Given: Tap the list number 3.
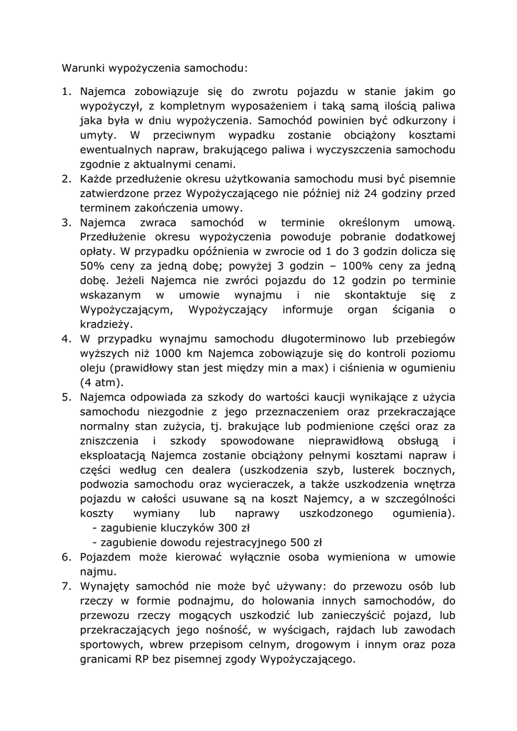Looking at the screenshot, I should pyautogui.click(x=66, y=223).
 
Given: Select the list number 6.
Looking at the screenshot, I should pyautogui.click(x=66, y=557).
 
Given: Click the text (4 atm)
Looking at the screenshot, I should pyautogui.click(x=103, y=383).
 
